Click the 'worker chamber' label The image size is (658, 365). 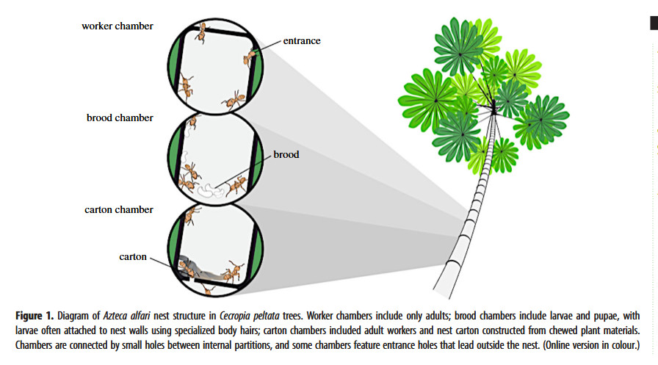[117, 26]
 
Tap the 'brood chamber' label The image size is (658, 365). [120, 118]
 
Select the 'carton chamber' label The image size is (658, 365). [118, 210]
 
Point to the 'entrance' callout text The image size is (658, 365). [302, 41]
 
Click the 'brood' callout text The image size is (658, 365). [286, 155]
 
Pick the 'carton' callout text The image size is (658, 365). [133, 257]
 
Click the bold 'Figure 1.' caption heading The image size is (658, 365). [37, 316]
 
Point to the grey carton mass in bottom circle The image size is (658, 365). [202, 267]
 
